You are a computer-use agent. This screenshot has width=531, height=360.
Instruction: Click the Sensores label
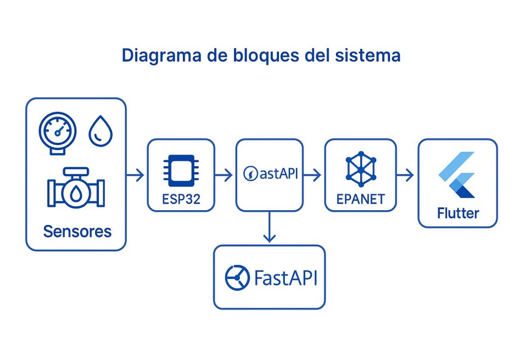pos(77,231)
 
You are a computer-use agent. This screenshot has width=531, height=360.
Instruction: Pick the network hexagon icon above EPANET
pos(361,170)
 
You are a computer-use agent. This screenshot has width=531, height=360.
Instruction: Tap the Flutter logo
pos(457,176)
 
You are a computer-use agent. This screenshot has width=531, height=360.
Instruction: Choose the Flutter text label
pos(457,213)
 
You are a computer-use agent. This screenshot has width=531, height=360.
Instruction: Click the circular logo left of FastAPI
pos(237,278)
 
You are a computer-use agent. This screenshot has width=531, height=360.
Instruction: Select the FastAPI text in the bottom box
pos(286,278)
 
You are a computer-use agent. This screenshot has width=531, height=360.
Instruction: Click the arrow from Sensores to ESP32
pos(136,176)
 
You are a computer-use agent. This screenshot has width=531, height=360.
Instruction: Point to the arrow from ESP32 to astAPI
pos(224,176)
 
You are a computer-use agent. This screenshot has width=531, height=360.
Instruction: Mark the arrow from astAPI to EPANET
pos(312,176)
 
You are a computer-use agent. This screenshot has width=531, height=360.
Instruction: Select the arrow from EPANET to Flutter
pos(405,176)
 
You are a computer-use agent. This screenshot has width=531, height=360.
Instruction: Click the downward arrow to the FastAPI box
pos(269,227)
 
